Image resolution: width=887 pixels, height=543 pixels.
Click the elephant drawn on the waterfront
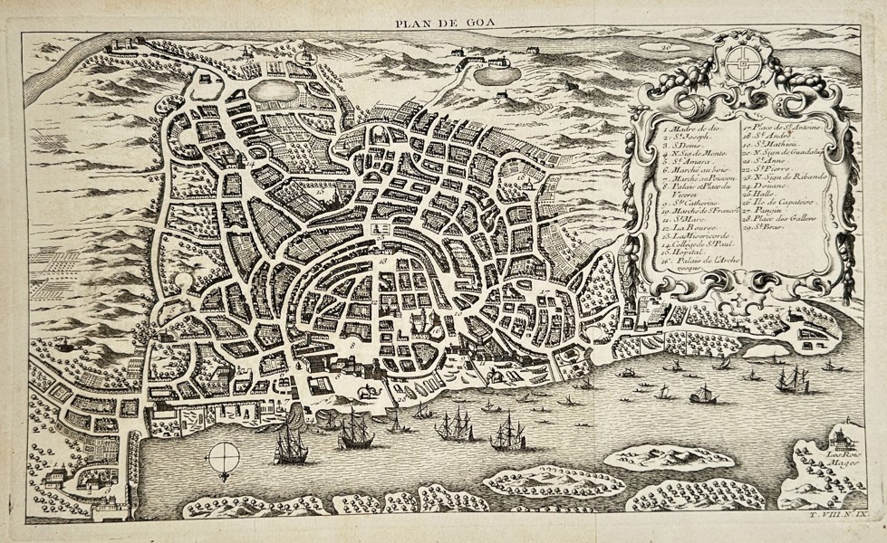(x=369, y=391)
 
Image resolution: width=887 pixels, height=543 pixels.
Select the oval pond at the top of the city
(x=272, y=91)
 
